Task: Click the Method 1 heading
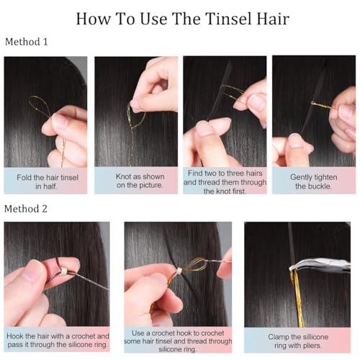click(x=27, y=42)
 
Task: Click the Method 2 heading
click(x=27, y=209)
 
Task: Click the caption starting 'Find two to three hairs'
click(x=224, y=181)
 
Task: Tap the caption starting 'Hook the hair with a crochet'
click(x=57, y=341)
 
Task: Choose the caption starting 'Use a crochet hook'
click(x=177, y=341)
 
